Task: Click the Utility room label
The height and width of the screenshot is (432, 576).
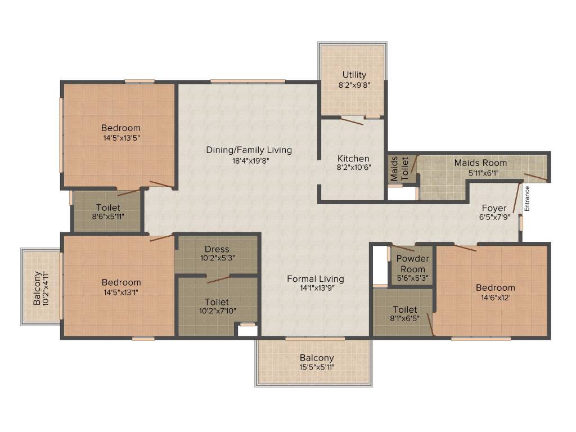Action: pos(354,75)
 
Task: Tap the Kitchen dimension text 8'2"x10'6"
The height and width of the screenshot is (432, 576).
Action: pos(354,167)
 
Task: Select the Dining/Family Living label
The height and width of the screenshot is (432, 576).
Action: pos(249,150)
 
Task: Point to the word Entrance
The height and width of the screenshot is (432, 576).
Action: pos(526,199)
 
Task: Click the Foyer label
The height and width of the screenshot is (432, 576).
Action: pos(494,208)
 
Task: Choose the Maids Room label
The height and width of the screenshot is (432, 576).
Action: pos(480,163)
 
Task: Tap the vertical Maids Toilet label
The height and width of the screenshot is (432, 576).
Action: pos(399,169)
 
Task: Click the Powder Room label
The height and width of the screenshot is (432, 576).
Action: pos(412,264)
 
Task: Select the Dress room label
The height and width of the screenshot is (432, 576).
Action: pos(217,249)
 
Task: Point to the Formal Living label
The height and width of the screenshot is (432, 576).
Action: pos(316,279)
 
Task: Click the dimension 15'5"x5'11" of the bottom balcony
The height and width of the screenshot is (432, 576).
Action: pos(317,367)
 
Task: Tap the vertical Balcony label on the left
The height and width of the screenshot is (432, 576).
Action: pos(37,289)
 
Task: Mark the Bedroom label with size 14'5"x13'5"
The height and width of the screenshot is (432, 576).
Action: pos(121,128)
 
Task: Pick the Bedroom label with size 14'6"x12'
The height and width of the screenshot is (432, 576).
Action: pos(496,287)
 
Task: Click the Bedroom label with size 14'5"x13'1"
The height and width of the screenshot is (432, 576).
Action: pos(121,282)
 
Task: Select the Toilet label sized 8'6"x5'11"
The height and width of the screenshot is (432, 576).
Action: pos(109,208)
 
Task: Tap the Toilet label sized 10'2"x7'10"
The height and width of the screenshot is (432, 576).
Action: pos(217,302)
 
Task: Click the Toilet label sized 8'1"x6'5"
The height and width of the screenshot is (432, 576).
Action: pos(405,310)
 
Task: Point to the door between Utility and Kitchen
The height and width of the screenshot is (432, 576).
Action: pos(352,121)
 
